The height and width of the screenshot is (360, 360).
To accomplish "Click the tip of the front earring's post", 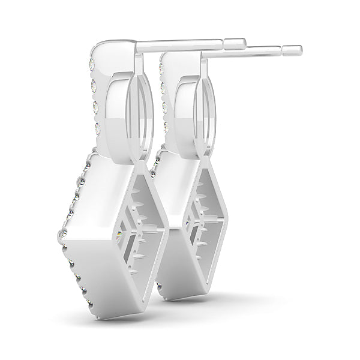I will point(245,42).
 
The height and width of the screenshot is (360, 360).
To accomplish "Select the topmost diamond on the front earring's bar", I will point(91,62).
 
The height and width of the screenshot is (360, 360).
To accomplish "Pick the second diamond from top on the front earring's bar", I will point(93,84).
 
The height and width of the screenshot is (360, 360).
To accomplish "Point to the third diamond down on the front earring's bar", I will point(95,106).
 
